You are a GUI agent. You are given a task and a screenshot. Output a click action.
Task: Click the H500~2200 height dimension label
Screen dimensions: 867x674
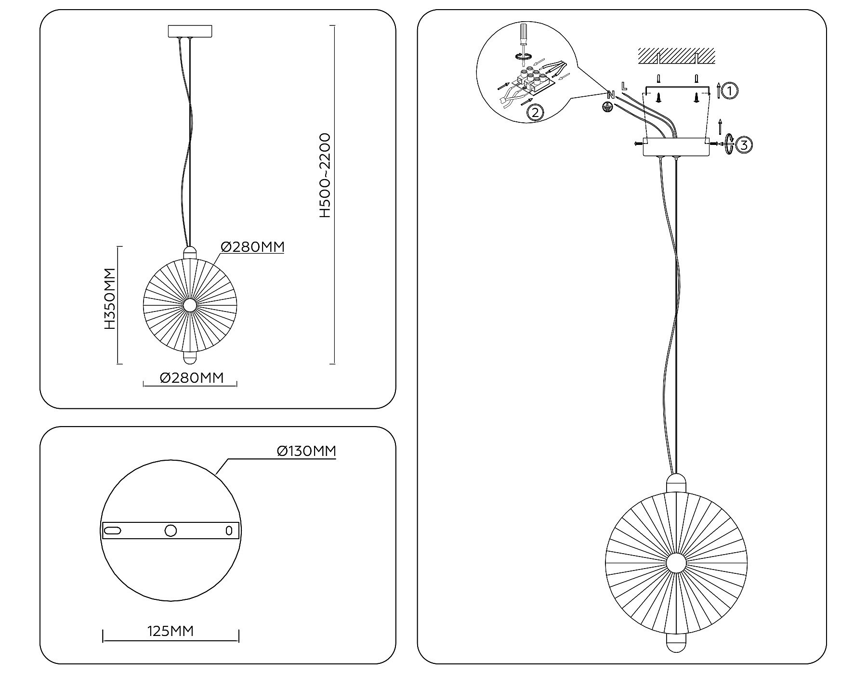326,176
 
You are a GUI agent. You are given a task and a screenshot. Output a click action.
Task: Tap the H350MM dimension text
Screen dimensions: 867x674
110,298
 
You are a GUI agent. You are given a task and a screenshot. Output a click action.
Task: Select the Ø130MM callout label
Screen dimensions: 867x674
306,451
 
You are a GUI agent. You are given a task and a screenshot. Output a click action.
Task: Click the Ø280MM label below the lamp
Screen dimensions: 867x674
192,378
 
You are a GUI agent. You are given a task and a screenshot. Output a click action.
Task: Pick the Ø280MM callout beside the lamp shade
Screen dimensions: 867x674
252,246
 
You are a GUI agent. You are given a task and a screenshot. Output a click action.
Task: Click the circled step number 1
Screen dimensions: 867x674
730,91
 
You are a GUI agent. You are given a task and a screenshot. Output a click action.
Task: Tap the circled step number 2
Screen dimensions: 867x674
535,113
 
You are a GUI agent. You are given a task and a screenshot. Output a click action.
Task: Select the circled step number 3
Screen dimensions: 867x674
744,144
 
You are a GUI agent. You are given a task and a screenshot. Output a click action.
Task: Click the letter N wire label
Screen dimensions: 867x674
611,95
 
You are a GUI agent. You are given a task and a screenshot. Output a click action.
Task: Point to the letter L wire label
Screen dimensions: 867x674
624,87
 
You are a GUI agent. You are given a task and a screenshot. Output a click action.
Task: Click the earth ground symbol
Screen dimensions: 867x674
608,107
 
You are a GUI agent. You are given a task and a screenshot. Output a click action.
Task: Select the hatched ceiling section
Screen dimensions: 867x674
676,56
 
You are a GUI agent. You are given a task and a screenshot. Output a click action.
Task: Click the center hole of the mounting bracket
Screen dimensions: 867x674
171,531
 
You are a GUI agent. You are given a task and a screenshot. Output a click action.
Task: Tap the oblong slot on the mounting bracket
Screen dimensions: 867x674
113,531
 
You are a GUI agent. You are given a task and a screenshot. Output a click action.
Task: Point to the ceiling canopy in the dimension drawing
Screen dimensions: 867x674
190,31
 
